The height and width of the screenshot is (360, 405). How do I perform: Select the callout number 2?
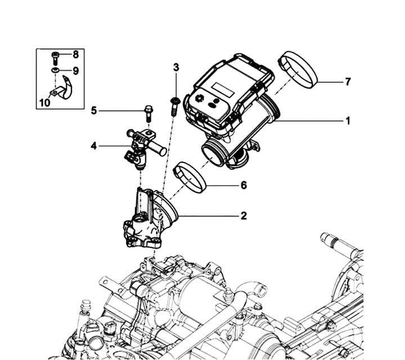coord(244,215)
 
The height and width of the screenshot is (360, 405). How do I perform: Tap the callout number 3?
coord(176,67)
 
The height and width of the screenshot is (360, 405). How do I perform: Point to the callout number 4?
coord(93,146)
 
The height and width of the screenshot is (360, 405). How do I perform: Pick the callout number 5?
coord(94,111)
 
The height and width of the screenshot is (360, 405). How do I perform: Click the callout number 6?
coord(244,184)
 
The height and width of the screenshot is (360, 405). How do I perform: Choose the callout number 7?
coord(348,82)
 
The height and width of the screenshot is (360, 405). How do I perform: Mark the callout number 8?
coord(75,55)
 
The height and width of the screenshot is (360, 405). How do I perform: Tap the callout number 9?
coord(75,71)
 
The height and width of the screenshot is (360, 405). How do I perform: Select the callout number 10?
coord(44,102)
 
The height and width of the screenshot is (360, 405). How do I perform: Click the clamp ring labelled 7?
coord(298,69)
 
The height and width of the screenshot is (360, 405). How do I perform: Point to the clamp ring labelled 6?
coord(191,177)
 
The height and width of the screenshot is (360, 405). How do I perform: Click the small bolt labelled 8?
coord(55,56)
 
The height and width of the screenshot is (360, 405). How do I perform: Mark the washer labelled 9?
coord(55,70)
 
